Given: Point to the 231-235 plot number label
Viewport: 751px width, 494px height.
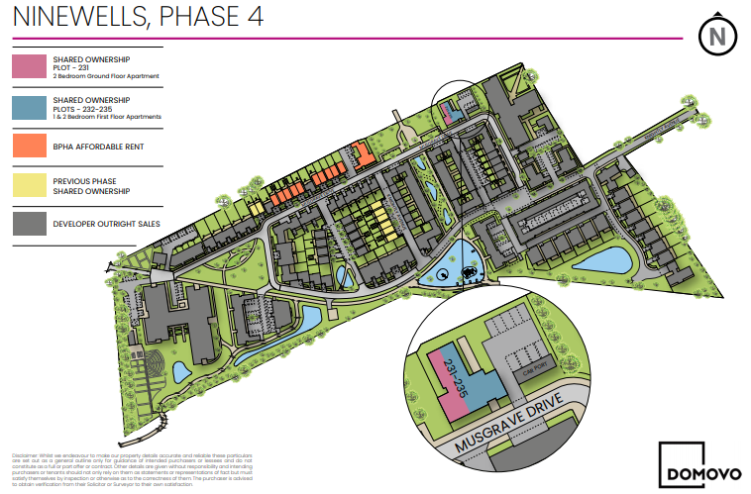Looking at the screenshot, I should pyautogui.click(x=455, y=377).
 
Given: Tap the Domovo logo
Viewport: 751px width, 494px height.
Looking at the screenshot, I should pyautogui.click(x=695, y=462).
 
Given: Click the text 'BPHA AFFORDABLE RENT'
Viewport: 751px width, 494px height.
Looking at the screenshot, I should pyautogui.click(x=100, y=146).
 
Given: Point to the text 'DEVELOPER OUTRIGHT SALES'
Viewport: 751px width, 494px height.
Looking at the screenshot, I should pyautogui.click(x=107, y=224).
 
